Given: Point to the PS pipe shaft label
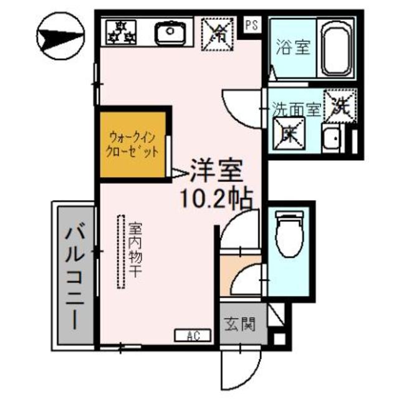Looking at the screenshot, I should [x=251, y=26].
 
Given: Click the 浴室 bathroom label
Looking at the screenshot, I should [x=292, y=48].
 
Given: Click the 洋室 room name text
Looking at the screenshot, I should [x=215, y=170].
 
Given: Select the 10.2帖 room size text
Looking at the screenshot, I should [x=216, y=198].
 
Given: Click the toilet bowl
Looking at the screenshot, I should [x=289, y=234].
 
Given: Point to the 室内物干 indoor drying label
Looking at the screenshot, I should [x=135, y=250].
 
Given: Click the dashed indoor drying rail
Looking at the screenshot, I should [x=120, y=251].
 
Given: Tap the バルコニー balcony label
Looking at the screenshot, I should [x=74, y=276].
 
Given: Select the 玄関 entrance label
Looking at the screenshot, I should [x=240, y=324].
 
